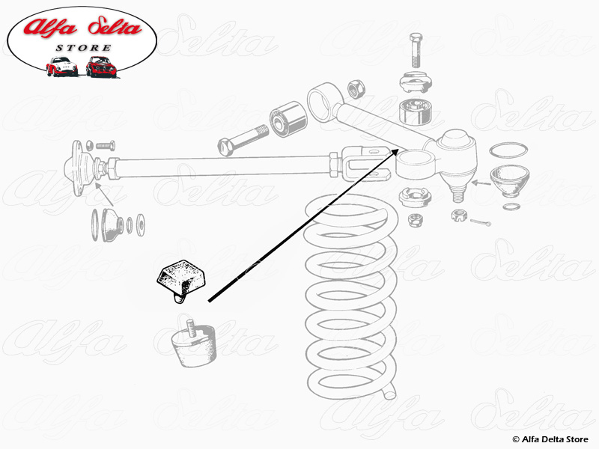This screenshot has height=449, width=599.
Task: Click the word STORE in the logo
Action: tap(84, 48)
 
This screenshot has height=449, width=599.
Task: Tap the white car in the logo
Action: tap(61, 67)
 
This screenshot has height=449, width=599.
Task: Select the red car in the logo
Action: tap(101, 67)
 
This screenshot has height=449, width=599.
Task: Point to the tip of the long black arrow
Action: tap(398, 149)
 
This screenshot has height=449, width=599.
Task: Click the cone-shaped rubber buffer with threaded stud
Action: tap(194, 343)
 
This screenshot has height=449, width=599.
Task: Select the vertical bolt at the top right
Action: tap(416, 50)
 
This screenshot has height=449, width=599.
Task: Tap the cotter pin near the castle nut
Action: tap(480, 222)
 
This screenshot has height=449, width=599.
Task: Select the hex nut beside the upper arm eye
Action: tap(356, 88)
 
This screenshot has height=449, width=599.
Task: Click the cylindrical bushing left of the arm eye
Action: tap(288, 119)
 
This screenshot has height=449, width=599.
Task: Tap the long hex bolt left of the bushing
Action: tap(243, 141)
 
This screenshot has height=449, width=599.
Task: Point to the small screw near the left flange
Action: tap(106, 145)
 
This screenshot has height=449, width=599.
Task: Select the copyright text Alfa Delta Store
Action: tap(550, 439)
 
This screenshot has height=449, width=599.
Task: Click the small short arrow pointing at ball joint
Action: tap(481, 183)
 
